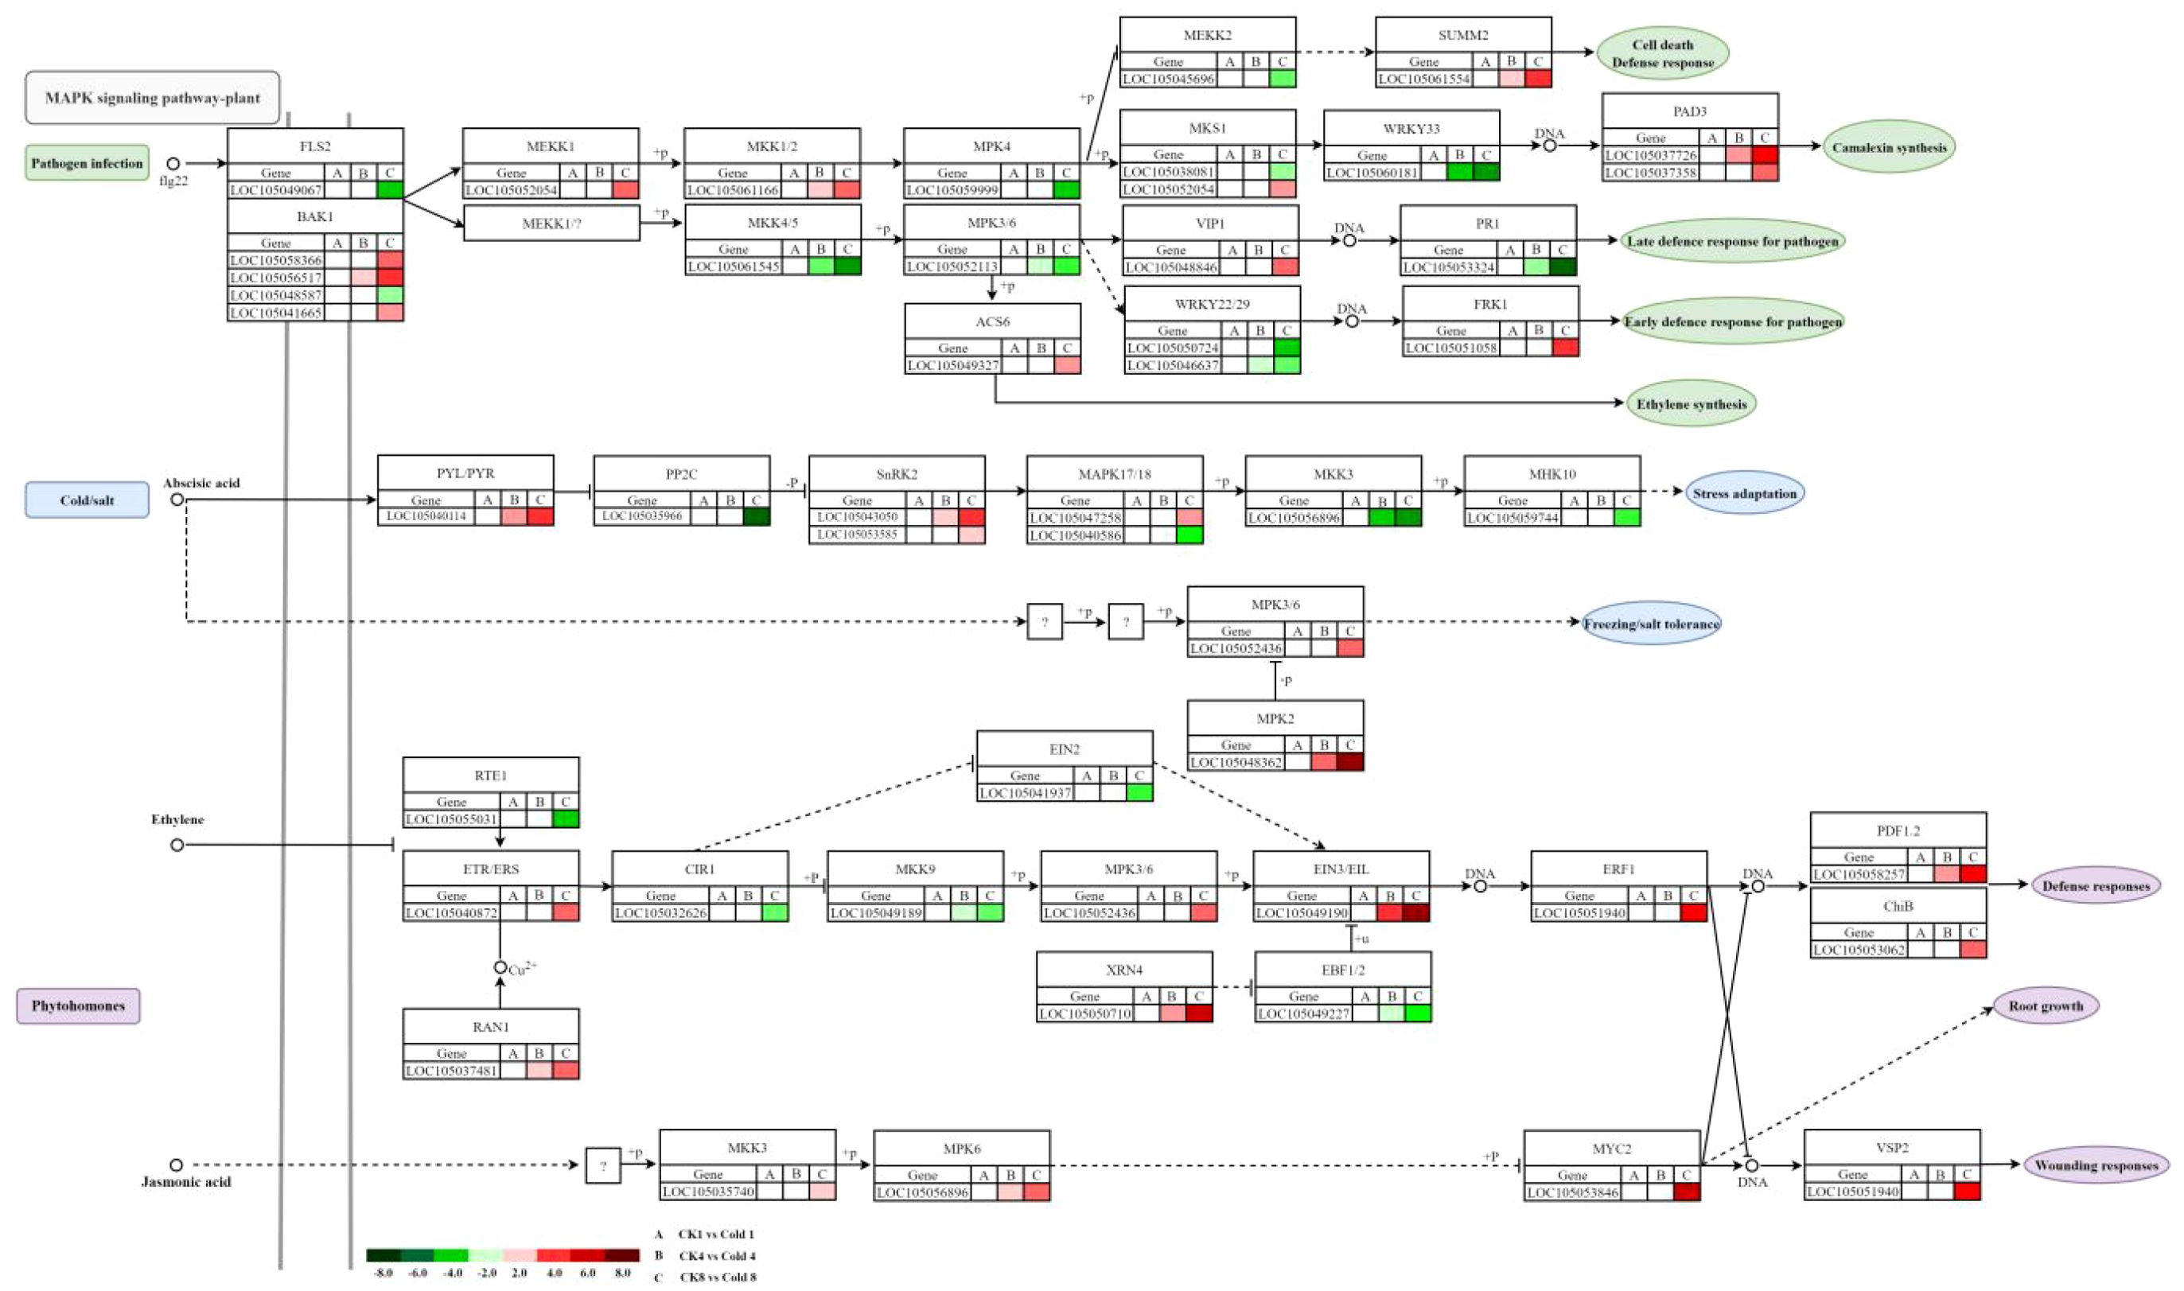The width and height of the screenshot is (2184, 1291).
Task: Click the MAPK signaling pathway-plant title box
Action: point(152,97)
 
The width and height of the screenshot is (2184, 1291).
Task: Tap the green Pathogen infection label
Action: point(86,163)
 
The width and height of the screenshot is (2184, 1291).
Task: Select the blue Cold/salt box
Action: point(87,500)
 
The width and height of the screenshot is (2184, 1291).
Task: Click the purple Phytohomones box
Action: point(78,1005)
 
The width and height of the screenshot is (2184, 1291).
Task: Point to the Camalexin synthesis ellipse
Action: point(1888,147)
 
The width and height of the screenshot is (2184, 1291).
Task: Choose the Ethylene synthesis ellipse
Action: point(1691,403)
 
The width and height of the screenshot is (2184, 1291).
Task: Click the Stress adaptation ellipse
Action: point(1744,493)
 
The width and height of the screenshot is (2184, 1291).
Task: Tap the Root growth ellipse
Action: point(2045,1005)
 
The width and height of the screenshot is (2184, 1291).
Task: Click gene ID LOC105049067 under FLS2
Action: point(276,189)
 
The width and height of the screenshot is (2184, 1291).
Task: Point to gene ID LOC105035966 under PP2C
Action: point(642,516)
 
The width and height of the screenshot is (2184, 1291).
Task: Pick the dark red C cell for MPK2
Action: point(1349,762)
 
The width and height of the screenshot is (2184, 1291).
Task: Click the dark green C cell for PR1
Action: point(1563,267)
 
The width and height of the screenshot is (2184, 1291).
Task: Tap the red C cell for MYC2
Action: point(1686,1192)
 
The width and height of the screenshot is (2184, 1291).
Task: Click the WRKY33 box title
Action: point(1411,129)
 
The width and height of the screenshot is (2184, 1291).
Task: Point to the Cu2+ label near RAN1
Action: point(523,969)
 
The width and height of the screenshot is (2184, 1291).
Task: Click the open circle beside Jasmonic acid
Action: point(176,1165)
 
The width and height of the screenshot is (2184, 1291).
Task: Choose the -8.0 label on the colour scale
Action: point(383,1273)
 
